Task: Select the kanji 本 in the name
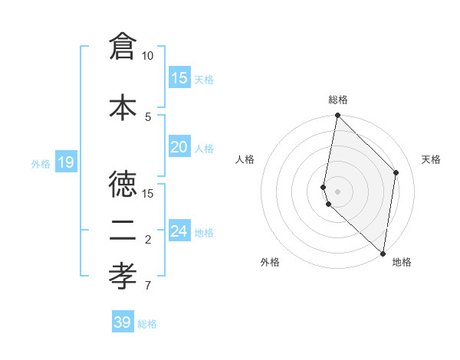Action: pyautogui.click(x=123, y=107)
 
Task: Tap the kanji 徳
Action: pyautogui.click(x=123, y=185)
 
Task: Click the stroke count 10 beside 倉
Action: pyautogui.click(x=148, y=56)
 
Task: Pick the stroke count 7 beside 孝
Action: pyautogui.click(x=147, y=286)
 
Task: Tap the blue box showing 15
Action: pyautogui.click(x=179, y=78)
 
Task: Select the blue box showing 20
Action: pyautogui.click(x=179, y=147)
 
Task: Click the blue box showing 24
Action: pyautogui.click(x=179, y=231)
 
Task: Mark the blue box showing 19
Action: pyautogui.click(x=65, y=162)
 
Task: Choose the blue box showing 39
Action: pyautogui.click(x=123, y=322)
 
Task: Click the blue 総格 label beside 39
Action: pyautogui.click(x=147, y=324)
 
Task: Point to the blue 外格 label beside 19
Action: pyautogui.click(x=41, y=163)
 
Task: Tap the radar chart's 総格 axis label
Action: pyautogui.click(x=338, y=100)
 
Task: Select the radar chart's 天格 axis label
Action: pyautogui.click(x=431, y=159)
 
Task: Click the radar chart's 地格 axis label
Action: pyautogui.click(x=402, y=263)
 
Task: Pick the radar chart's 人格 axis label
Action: pyautogui.click(x=245, y=159)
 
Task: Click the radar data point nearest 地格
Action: pyautogui.click(x=383, y=254)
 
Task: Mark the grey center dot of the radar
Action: pyautogui.click(x=338, y=191)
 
